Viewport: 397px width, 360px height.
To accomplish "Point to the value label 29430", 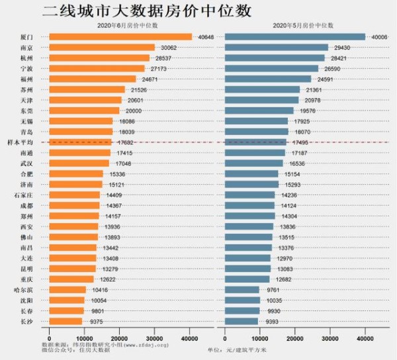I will pyautogui.click(x=340, y=48).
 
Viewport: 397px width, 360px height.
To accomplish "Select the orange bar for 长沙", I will pyautogui.click(x=66, y=321).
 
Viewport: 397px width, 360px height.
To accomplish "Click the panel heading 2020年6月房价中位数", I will pyautogui.click(x=122, y=24).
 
